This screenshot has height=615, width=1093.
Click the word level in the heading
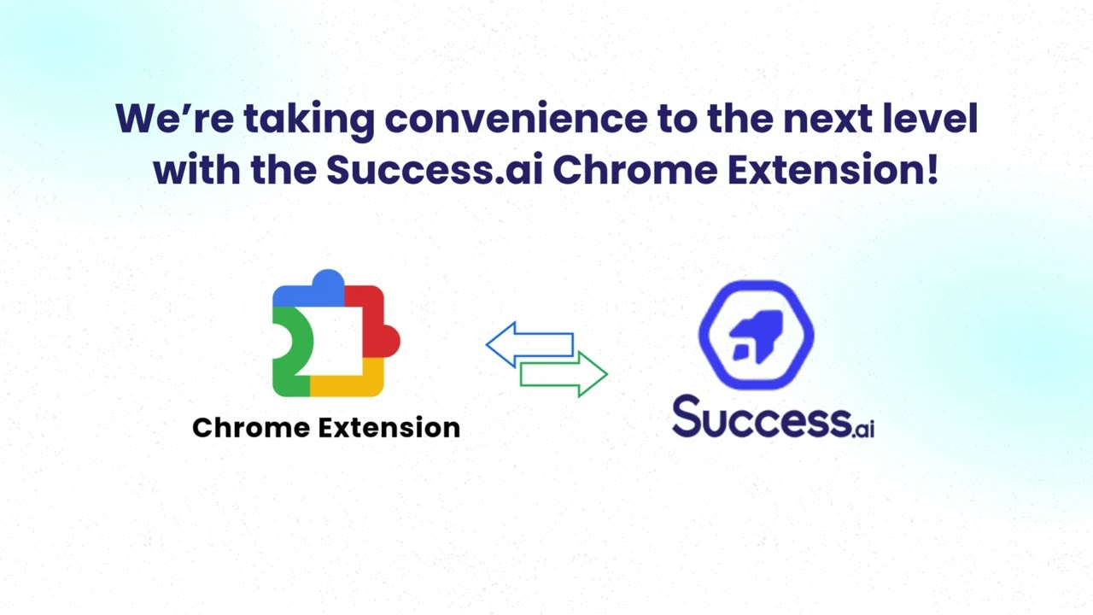pos(935,119)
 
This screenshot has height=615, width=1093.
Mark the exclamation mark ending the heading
pos(931,170)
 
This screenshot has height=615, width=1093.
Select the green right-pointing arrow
pos(564,374)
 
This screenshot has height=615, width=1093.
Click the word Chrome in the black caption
pos(252,427)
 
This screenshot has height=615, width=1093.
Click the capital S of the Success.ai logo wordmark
pos(688,418)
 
